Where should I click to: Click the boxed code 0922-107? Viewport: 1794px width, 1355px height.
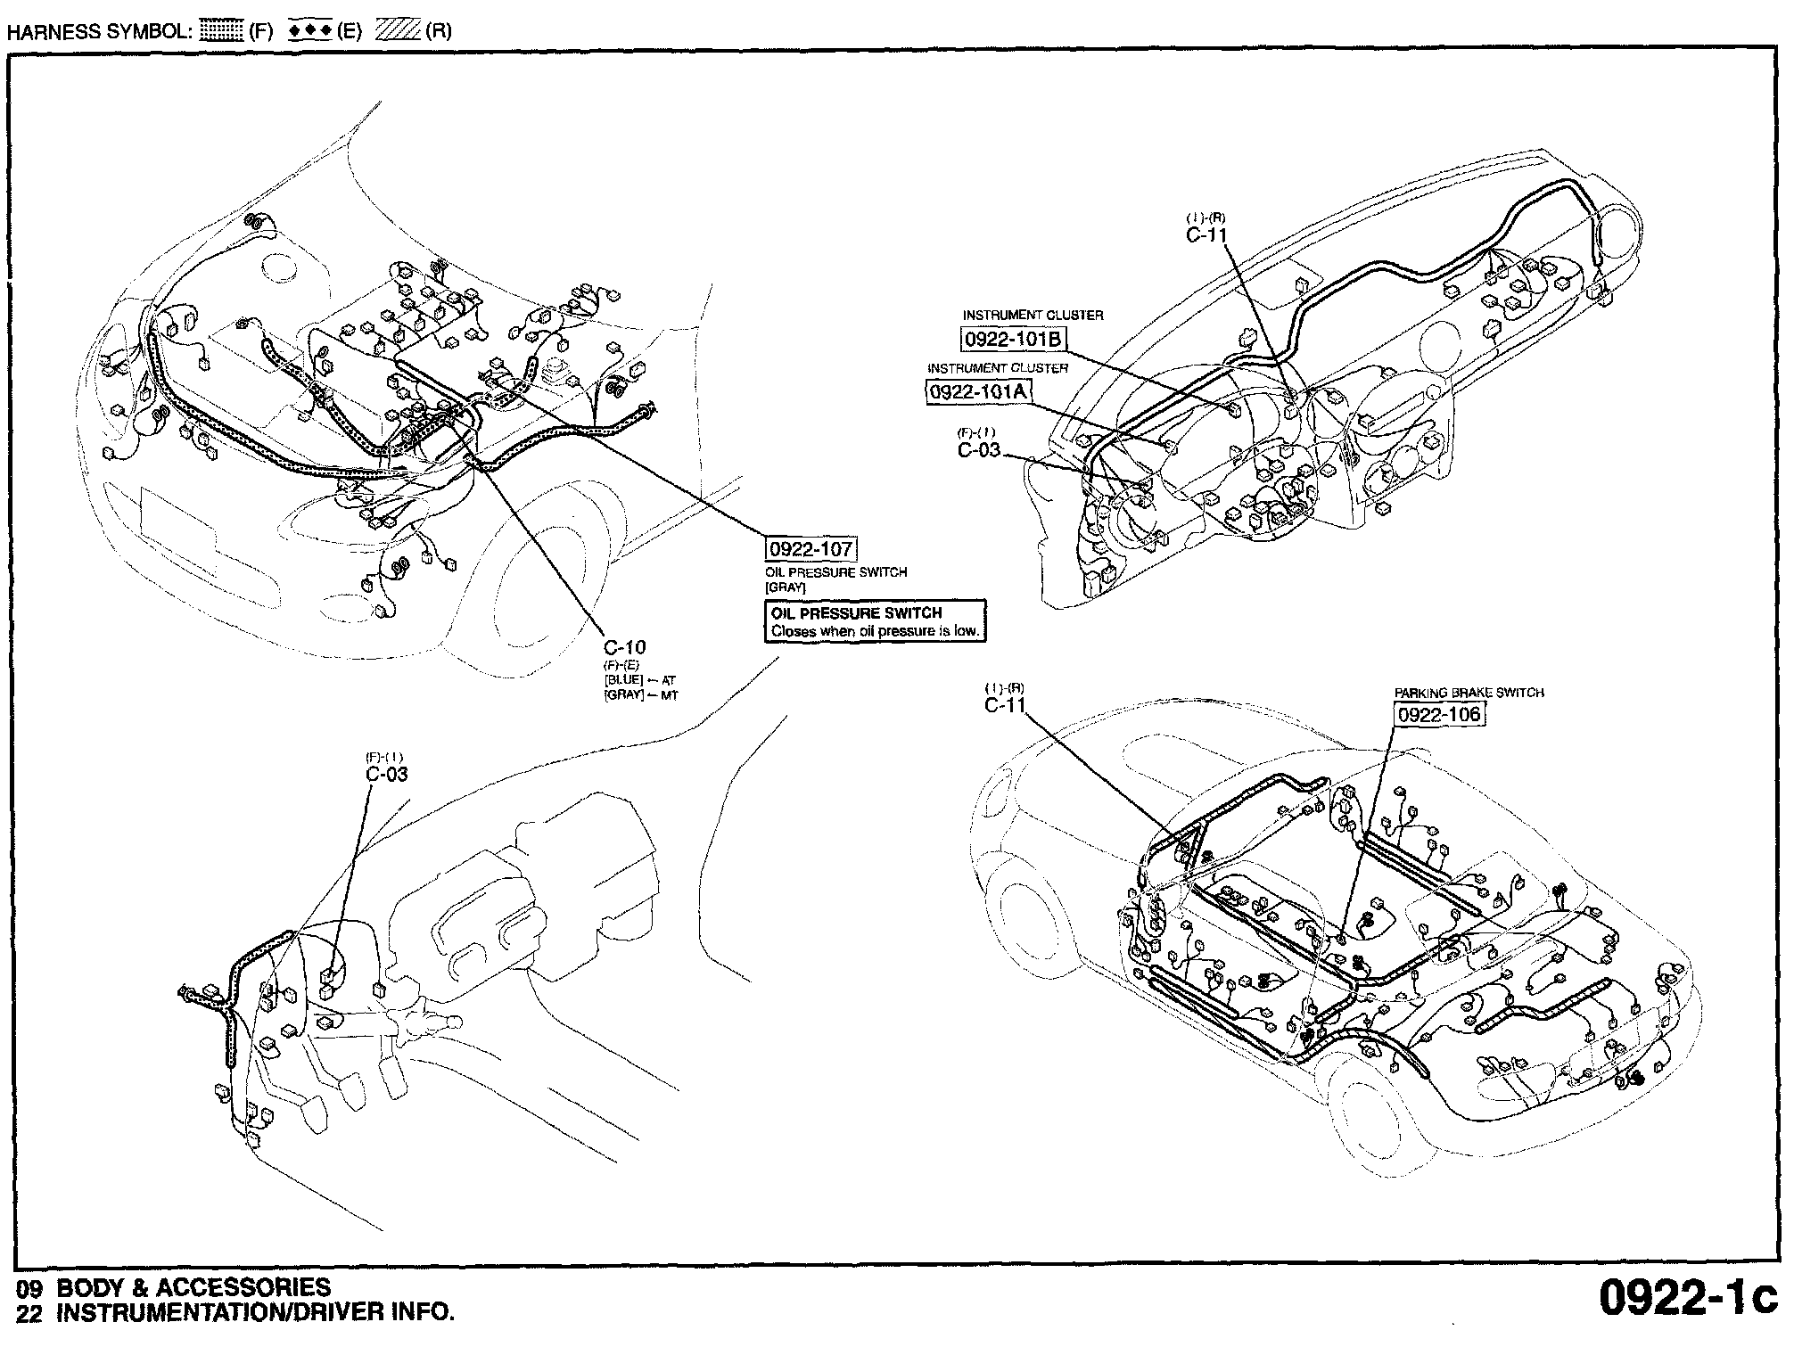coord(811,549)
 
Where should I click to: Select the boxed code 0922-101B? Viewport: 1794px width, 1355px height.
coord(1014,340)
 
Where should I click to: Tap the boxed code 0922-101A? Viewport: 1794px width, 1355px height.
coord(978,391)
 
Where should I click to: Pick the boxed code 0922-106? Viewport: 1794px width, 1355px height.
coord(1439,714)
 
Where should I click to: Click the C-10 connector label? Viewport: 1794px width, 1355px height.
coord(624,647)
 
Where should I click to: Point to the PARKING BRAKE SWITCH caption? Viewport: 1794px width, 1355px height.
coord(1469,693)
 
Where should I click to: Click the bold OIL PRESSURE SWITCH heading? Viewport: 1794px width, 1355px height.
coord(856,613)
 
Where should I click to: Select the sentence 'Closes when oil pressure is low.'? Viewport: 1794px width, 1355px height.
coord(876,631)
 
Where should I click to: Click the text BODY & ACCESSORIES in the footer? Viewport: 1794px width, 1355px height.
coord(193,1287)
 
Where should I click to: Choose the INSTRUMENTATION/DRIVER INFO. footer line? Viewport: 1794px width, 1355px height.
coord(255,1312)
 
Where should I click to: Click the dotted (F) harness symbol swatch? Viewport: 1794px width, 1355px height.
coord(222,31)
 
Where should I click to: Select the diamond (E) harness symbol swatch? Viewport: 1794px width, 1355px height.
coord(309,31)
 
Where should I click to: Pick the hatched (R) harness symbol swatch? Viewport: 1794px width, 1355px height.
coord(398,31)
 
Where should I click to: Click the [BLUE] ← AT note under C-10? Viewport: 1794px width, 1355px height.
coord(639,680)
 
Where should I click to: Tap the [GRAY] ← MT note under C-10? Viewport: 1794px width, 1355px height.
coord(640,694)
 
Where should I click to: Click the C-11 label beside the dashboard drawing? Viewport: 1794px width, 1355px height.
coord(1206,235)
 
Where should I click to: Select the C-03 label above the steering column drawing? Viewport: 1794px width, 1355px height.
coord(387,774)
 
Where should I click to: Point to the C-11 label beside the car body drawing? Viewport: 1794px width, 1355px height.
coord(1005,706)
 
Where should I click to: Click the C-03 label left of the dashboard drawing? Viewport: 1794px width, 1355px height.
coord(979,450)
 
